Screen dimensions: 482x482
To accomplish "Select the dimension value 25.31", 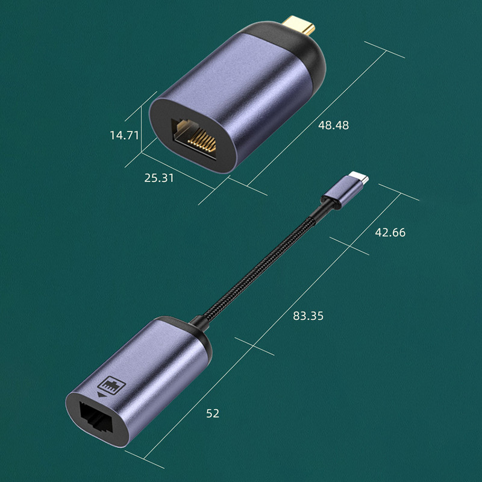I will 159,178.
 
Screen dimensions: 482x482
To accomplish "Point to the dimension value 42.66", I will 390,233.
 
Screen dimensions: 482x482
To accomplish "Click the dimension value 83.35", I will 308,315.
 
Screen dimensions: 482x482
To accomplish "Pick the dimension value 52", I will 213,413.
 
